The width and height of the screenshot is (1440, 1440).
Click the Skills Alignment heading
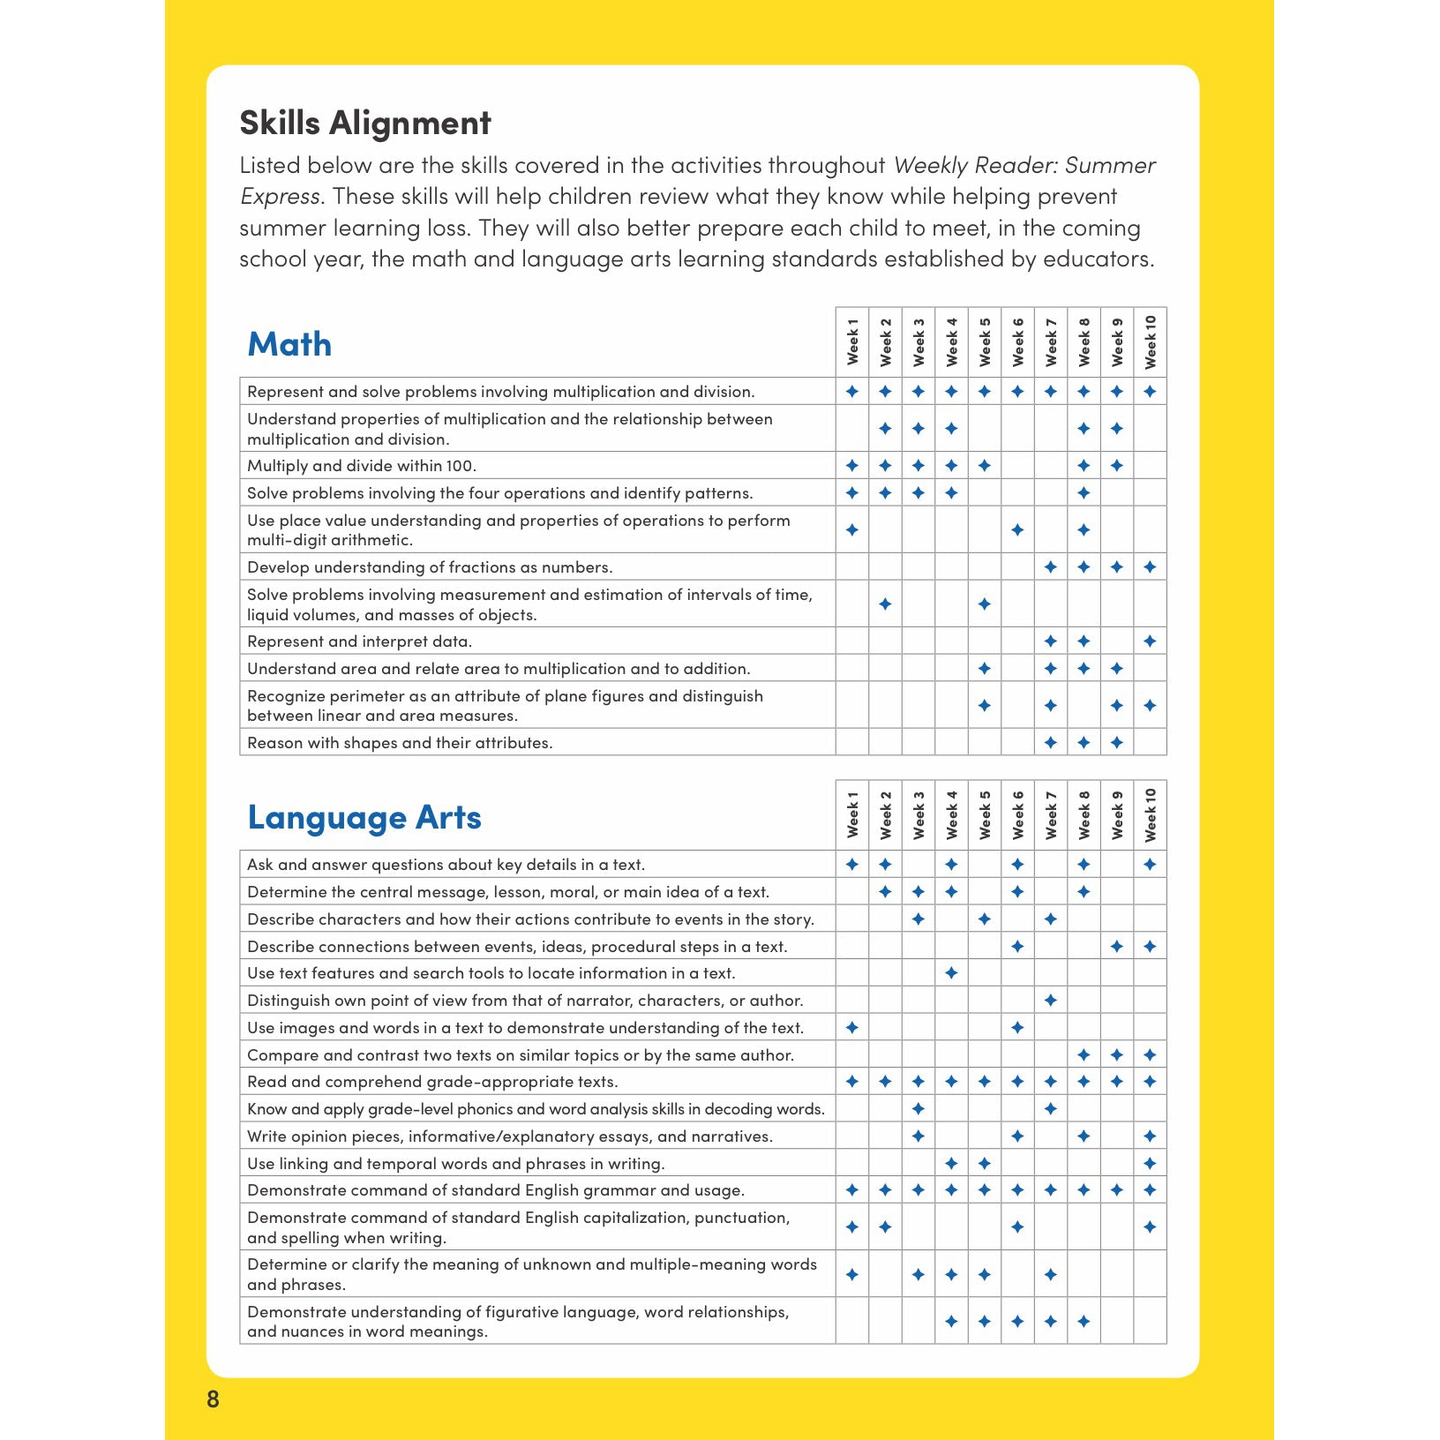(364, 123)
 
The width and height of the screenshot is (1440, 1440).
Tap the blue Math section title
(289, 344)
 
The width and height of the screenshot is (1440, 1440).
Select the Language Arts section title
(364, 817)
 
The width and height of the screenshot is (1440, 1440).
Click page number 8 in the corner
(213, 1399)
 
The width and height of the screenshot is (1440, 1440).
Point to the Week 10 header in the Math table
(1150, 341)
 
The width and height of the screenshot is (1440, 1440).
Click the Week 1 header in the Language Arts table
(852, 814)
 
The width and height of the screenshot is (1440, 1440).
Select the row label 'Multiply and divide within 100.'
(362, 466)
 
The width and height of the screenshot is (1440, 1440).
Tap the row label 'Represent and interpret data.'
(359, 641)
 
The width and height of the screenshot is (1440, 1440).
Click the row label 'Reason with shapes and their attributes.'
(400, 743)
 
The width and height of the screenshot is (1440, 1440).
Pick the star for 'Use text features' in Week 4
(951, 973)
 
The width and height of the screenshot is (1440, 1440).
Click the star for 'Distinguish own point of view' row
(1050, 1001)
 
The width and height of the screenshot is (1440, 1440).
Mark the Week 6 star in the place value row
(1017, 530)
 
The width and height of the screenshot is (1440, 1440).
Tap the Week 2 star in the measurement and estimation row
(885, 604)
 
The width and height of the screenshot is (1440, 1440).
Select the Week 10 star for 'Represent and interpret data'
(1150, 641)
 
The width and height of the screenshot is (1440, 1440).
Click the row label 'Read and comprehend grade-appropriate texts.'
(432, 1082)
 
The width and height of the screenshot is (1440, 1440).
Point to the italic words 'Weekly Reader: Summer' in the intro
(1024, 166)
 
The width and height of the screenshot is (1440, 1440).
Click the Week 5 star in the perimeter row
(985, 706)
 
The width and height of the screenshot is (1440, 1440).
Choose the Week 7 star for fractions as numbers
(1050, 567)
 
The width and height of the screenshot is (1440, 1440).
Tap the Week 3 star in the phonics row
(918, 1109)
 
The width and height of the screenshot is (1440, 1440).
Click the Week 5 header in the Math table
(985, 341)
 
